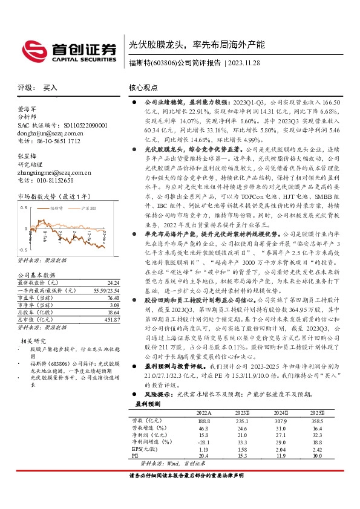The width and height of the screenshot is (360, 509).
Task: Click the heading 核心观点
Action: (x=143, y=88)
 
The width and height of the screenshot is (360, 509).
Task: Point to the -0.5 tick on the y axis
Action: (x=23, y=250)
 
